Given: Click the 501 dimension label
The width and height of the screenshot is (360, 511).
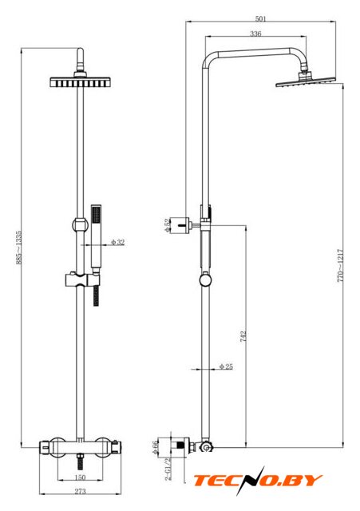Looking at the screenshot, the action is [x=261, y=18].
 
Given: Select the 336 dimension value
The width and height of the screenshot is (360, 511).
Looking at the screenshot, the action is [x=255, y=34].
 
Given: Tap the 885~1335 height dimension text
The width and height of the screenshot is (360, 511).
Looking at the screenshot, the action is [x=19, y=248].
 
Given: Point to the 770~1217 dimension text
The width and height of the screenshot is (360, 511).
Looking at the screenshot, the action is [x=340, y=266].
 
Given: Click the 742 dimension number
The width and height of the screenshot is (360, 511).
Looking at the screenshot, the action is [x=243, y=337].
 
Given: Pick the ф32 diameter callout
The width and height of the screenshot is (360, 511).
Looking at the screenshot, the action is [x=117, y=242].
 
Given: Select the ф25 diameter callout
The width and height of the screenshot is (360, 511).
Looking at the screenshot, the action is [x=226, y=366].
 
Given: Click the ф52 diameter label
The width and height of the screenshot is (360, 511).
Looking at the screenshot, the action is [x=167, y=225].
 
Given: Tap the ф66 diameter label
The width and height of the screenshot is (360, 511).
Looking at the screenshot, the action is [x=155, y=447].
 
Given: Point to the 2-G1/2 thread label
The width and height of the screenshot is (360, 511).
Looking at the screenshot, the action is [x=168, y=469].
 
